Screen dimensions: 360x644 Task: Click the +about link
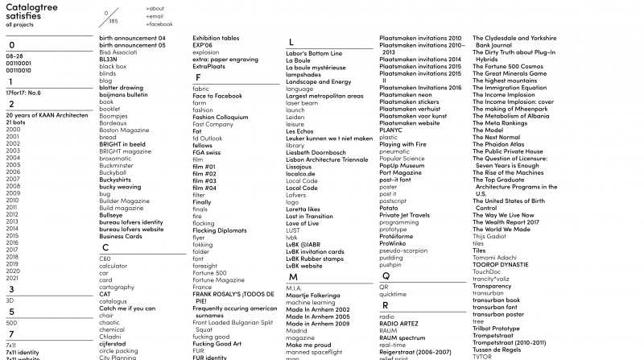(155, 8)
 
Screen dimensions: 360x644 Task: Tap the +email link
(155, 16)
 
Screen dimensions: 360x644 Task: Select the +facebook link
(159, 24)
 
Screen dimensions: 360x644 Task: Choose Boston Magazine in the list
(119, 129)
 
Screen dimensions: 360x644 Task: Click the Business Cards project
(121, 236)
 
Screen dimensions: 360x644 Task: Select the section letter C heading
(105, 248)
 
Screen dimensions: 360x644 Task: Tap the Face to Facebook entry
(217, 96)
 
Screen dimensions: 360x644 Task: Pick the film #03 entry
(204, 180)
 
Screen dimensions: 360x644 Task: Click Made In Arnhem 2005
(318, 316)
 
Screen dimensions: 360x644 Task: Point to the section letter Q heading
(384, 275)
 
